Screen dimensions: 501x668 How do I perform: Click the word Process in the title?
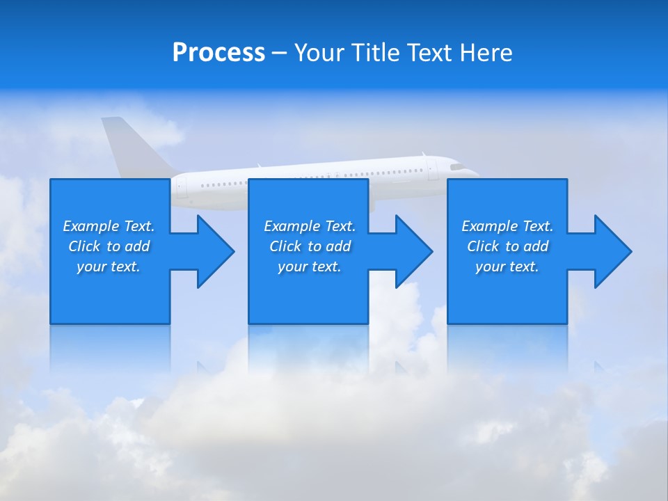[x=218, y=52]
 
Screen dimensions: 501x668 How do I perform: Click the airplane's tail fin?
[x=132, y=146]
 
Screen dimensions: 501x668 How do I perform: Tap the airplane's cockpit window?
[x=457, y=167]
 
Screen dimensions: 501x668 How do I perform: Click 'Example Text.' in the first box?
[x=109, y=226]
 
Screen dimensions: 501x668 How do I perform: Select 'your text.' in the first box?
[x=109, y=267]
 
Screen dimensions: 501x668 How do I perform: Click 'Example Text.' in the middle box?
[x=310, y=226]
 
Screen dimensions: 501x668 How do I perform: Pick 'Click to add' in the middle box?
[x=310, y=246]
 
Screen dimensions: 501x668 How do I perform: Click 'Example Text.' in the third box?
[x=507, y=226]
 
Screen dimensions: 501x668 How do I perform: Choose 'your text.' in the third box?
[x=507, y=267]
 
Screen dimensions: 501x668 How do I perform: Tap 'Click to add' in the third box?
[x=507, y=246]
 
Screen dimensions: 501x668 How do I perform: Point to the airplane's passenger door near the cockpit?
[x=432, y=170]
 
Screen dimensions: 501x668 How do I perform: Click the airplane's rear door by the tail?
[x=182, y=186]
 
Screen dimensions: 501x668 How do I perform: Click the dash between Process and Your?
[x=279, y=53]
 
